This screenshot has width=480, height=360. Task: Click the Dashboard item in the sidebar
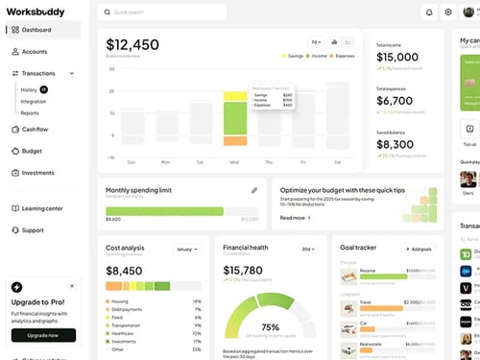(x=36, y=30)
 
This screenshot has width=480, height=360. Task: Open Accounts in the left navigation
(x=35, y=52)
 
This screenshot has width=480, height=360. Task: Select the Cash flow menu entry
(x=36, y=129)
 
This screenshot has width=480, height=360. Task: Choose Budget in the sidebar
(x=32, y=151)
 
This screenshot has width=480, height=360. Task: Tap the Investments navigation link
(x=37, y=173)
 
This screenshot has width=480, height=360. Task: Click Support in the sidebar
(x=33, y=230)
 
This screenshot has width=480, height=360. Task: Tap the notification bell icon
(x=429, y=12)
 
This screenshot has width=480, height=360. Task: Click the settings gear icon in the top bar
(x=448, y=12)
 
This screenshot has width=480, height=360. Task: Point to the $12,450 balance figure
(x=132, y=45)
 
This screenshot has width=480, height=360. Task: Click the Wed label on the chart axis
(x=234, y=162)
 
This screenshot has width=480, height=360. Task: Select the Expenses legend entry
(x=340, y=56)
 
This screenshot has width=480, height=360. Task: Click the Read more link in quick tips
(x=295, y=218)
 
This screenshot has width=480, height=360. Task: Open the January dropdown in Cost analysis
(x=186, y=249)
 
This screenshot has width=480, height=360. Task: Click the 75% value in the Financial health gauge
(x=270, y=327)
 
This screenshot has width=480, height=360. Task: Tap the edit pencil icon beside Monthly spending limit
(x=254, y=190)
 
